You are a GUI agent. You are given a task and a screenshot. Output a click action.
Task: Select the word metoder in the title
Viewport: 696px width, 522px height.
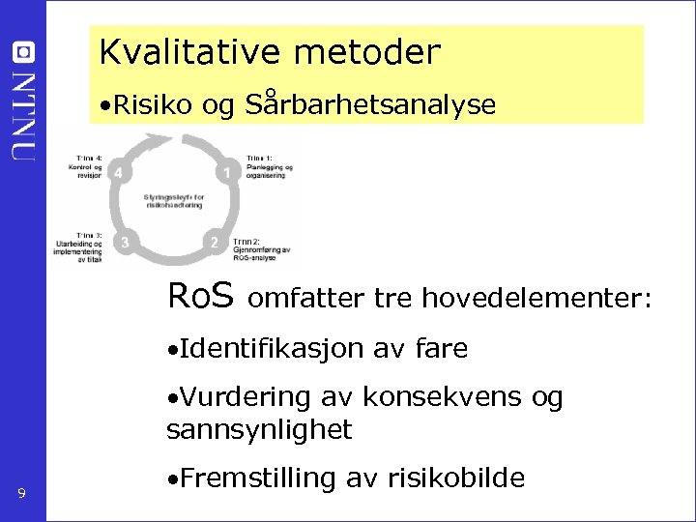[367, 52]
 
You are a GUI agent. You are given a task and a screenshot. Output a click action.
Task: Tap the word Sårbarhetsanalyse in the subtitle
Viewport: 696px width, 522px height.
[371, 105]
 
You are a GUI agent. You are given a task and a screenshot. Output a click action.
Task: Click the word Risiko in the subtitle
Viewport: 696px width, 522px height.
[155, 105]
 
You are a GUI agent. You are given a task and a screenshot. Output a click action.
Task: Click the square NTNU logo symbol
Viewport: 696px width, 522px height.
[23, 52]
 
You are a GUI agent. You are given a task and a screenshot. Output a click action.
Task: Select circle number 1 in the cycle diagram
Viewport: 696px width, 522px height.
[227, 173]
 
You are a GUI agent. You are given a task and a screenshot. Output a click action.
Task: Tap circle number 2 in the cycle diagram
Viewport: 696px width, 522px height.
[215, 242]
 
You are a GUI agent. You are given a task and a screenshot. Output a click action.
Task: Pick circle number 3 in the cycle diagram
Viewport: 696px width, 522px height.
[125, 242]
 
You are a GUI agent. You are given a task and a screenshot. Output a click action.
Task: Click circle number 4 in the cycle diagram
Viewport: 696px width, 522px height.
[118, 173]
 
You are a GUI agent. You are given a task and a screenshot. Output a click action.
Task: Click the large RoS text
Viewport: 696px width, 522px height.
[200, 295]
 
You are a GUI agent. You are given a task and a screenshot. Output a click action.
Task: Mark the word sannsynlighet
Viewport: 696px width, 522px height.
[259, 429]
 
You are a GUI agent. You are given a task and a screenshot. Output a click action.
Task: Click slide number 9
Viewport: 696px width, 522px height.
[21, 496]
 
